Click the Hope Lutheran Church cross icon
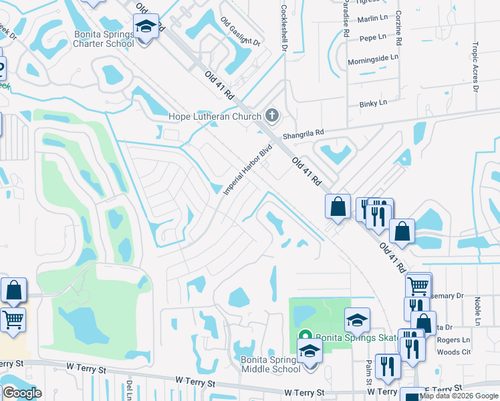click(x=271, y=116)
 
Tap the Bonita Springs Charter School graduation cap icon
click(x=146, y=27)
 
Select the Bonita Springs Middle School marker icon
click(x=309, y=350)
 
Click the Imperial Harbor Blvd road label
click(x=248, y=170)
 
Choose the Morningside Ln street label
click(x=372, y=60)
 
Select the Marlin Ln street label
click(x=372, y=19)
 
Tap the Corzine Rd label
click(x=398, y=28)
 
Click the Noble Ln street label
click(x=477, y=312)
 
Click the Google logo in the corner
click(x=21, y=393)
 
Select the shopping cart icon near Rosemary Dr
click(x=418, y=286)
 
